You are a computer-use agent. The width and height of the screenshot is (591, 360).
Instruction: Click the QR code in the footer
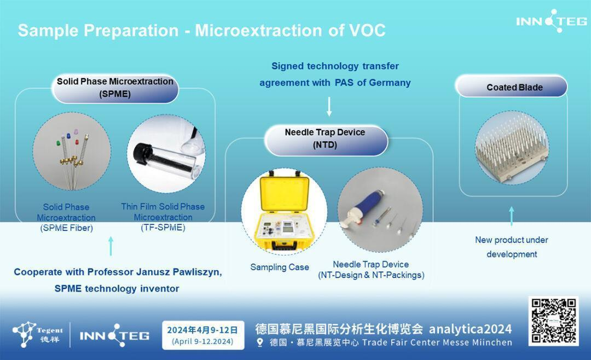(x=553, y=321)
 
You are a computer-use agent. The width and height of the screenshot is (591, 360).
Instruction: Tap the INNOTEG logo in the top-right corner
(x=552, y=21)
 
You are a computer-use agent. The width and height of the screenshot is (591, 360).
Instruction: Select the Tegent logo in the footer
(x=38, y=334)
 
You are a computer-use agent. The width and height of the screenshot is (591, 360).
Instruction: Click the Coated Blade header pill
(x=511, y=86)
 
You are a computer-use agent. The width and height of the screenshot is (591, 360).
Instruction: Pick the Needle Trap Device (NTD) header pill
(x=326, y=140)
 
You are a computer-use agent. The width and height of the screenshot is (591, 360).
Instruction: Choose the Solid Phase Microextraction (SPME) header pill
(x=115, y=89)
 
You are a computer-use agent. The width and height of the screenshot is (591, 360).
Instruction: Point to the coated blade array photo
(x=512, y=148)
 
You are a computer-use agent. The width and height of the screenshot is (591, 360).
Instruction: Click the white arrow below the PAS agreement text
(x=329, y=107)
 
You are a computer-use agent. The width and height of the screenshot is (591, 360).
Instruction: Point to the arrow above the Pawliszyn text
(x=111, y=246)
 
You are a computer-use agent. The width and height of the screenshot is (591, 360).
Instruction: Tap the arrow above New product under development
(x=512, y=216)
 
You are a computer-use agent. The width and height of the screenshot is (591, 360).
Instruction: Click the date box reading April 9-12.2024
(x=203, y=335)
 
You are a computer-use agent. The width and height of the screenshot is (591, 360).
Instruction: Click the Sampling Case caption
(x=280, y=268)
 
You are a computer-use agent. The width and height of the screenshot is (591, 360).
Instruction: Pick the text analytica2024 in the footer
(x=471, y=329)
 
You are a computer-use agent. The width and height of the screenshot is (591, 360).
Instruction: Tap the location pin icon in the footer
(x=260, y=342)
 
